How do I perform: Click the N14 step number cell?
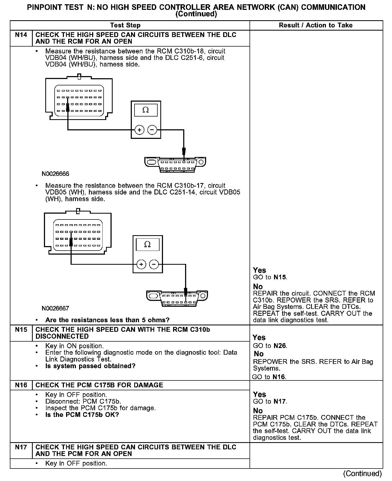pyautogui.click(x=21, y=35)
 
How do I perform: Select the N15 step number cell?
pyautogui.click(x=21, y=330)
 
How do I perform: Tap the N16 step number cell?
pyautogui.click(x=21, y=385)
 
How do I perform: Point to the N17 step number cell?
pyautogui.click(x=21, y=447)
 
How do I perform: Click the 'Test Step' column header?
pyautogui.click(x=125, y=25)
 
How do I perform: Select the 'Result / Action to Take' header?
pyautogui.click(x=316, y=25)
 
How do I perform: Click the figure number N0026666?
pyautogui.click(x=55, y=174)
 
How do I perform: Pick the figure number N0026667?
pyautogui.click(x=55, y=308)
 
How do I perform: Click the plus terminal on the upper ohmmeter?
pyautogui.click(x=139, y=130)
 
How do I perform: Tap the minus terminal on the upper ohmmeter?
pyautogui.click(x=152, y=130)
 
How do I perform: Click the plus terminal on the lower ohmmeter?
pyautogui.click(x=141, y=264)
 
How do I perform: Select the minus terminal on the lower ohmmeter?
pyautogui.click(x=154, y=264)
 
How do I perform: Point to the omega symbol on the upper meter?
pyautogui.click(x=146, y=110)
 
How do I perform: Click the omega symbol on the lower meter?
pyautogui.click(x=147, y=244)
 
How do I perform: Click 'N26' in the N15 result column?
pyautogui.click(x=280, y=346)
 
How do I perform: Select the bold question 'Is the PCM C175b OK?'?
pyautogui.click(x=82, y=415)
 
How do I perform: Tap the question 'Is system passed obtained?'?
pyautogui.click(x=90, y=366)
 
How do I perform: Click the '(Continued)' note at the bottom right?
pyautogui.click(x=362, y=474)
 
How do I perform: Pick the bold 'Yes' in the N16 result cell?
pyautogui.click(x=259, y=395)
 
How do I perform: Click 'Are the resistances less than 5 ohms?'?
pyautogui.click(x=107, y=320)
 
